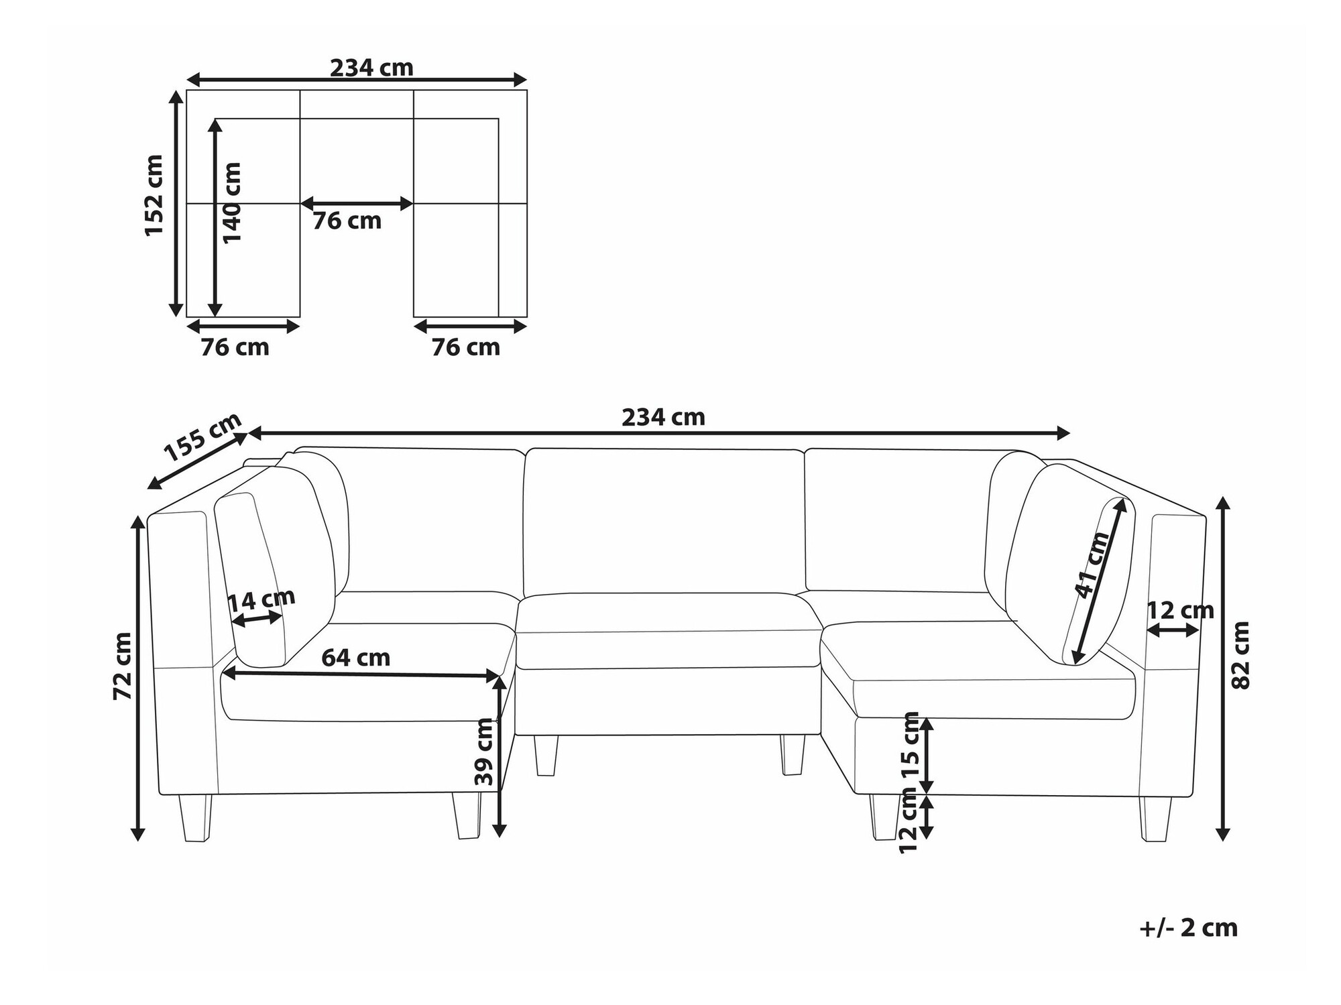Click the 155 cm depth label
click(203, 438)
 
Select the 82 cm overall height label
click(1241, 656)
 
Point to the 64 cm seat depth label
click(356, 658)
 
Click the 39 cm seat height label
click(484, 752)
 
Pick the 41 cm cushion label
click(1092, 565)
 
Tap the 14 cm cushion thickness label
click(261, 600)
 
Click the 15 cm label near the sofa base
click(911, 744)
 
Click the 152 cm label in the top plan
click(154, 195)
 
